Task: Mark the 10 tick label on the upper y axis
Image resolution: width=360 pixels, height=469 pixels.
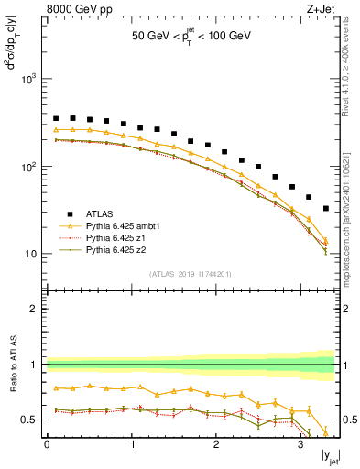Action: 34,254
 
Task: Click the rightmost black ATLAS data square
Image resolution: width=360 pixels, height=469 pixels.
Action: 326,209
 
